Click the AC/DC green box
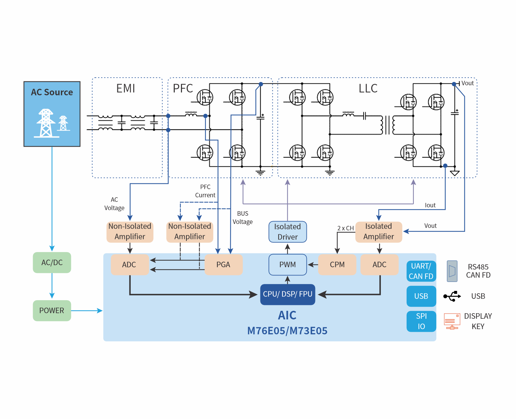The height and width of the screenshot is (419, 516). click(52, 263)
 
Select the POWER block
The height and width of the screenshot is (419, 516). click(52, 310)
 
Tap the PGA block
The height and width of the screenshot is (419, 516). click(224, 265)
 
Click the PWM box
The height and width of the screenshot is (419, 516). click(288, 265)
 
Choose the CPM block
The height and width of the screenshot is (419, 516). click(337, 265)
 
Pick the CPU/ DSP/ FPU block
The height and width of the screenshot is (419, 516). click(288, 294)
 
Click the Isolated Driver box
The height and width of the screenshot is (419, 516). click(288, 232)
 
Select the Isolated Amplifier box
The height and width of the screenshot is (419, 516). click(378, 232)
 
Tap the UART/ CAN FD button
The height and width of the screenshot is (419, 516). click(421, 271)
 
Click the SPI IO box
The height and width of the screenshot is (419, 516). click(421, 321)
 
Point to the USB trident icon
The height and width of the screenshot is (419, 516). click(452, 296)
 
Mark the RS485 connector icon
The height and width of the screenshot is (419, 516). click(452, 271)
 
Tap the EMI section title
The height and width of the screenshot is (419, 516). click(126, 89)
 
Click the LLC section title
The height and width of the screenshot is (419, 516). click(368, 89)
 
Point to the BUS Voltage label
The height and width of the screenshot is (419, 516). click(243, 218)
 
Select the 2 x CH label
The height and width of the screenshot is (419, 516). click(345, 228)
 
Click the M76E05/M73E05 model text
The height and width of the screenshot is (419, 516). click(288, 331)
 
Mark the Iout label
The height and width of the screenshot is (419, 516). click(430, 205)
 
